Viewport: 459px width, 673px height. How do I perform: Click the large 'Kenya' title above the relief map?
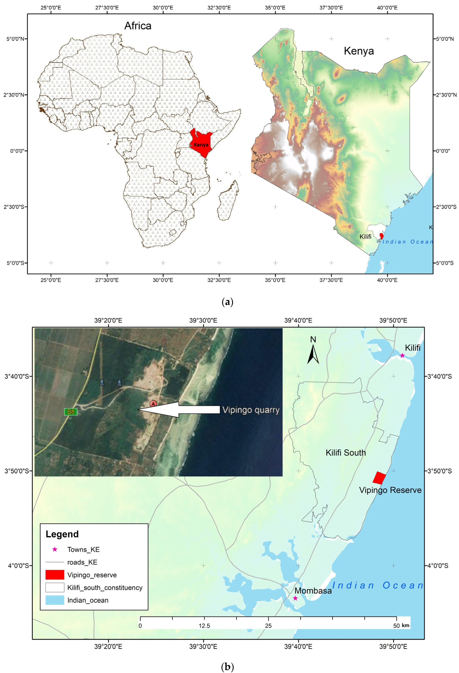click(x=359, y=51)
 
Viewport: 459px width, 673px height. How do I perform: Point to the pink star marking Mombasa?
click(x=295, y=598)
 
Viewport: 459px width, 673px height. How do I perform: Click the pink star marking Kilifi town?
click(x=402, y=355)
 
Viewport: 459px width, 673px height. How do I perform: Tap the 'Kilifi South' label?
click(x=346, y=453)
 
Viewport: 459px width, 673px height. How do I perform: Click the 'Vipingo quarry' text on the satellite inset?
click(x=251, y=410)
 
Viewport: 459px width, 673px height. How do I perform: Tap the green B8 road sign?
click(x=71, y=412)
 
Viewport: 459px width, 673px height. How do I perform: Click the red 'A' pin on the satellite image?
click(x=153, y=403)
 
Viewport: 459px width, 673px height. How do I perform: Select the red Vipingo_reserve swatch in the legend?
click(x=55, y=575)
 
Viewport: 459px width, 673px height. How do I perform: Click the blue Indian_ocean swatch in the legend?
click(x=55, y=600)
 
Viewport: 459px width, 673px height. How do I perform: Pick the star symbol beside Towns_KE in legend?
click(x=55, y=549)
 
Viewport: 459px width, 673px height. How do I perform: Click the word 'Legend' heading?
click(x=62, y=534)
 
